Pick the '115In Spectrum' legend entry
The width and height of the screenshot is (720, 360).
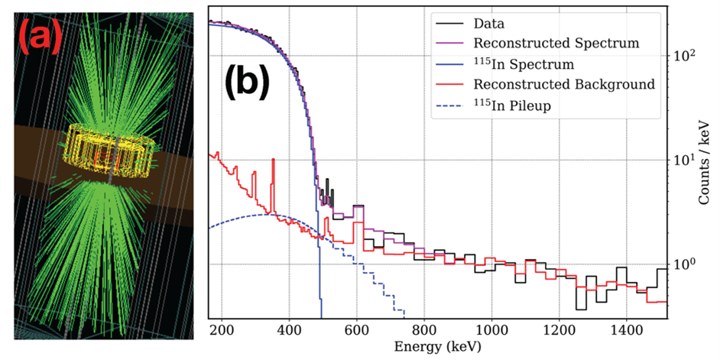(524, 64)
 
